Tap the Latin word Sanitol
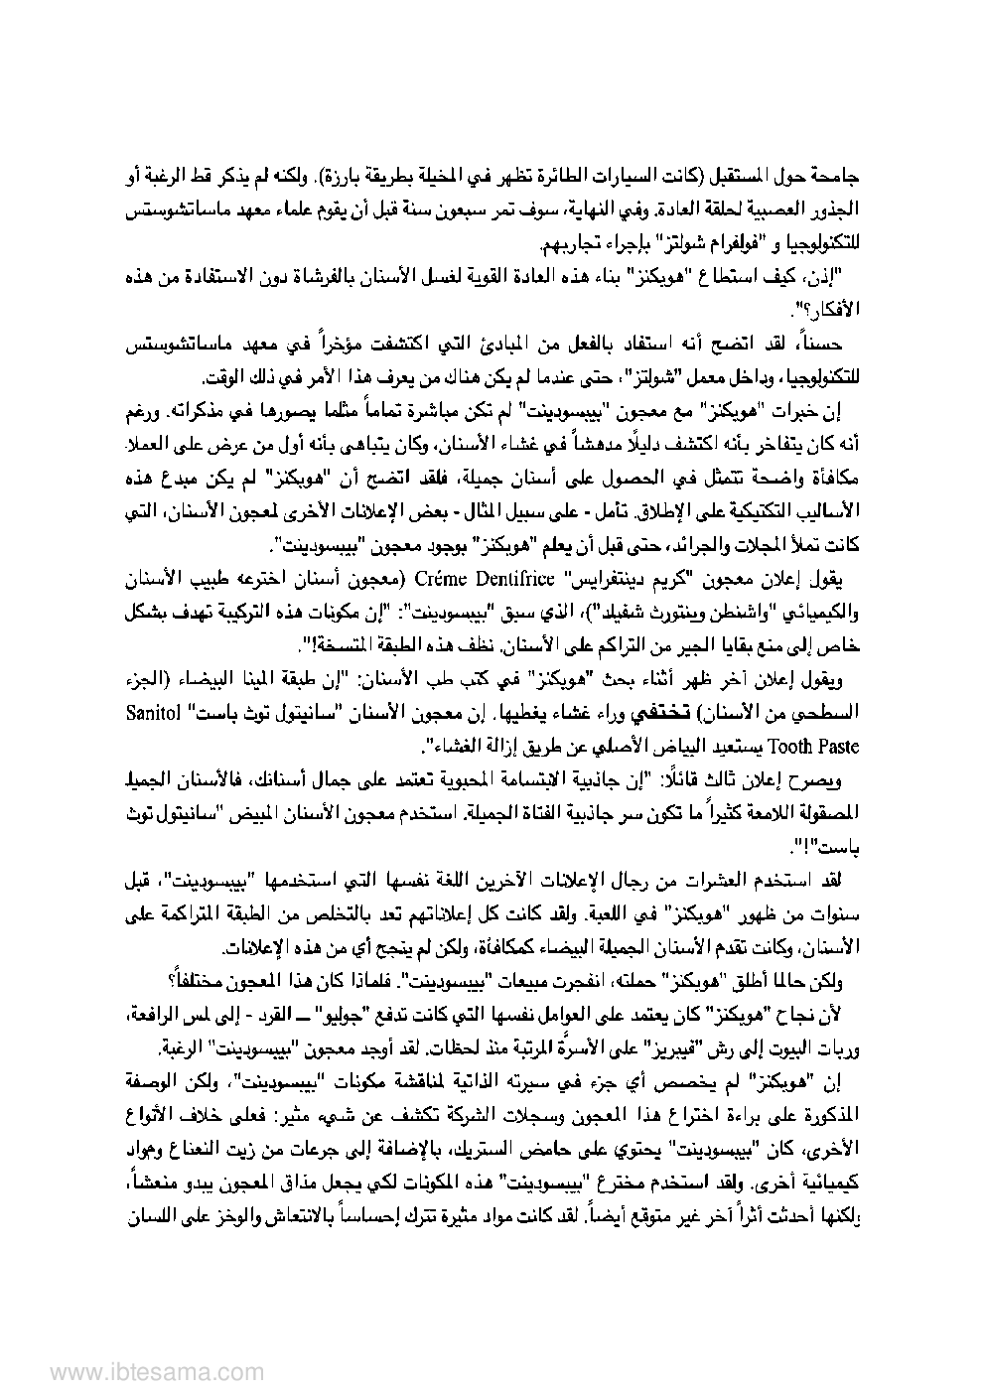(831, 714)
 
